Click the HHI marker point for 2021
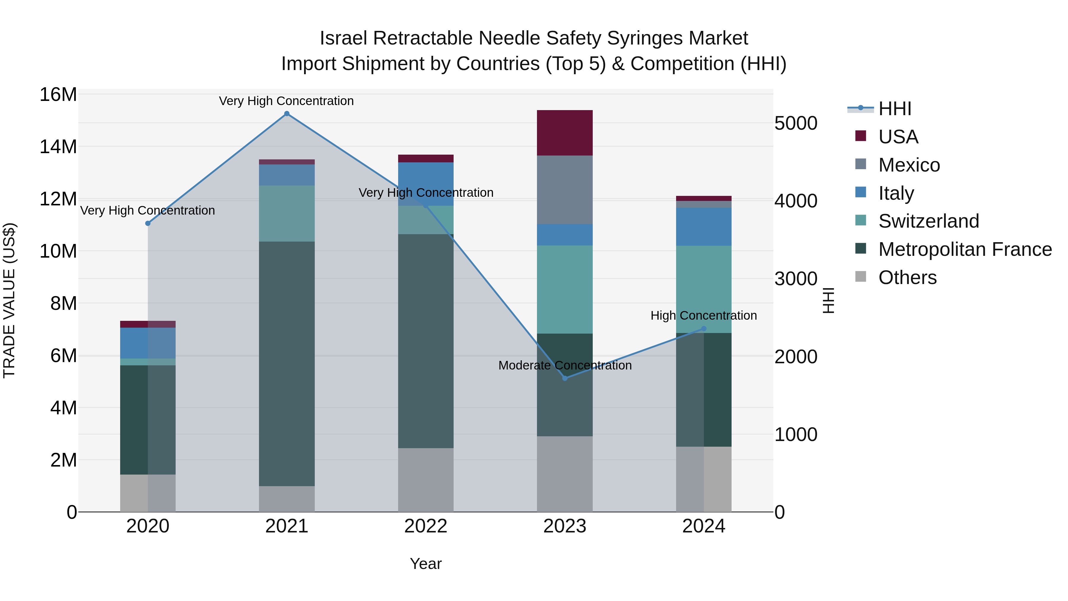pos(287,114)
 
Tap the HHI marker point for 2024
pos(704,329)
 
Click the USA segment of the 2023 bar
pos(565,133)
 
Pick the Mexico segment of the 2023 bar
pos(565,190)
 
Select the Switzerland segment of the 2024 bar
pos(704,289)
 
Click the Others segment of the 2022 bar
pos(426,480)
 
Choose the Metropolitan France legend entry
pos(964,249)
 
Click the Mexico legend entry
pos(909,165)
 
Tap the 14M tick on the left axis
pos(58,147)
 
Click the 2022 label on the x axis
pos(426,526)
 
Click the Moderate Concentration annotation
pos(565,365)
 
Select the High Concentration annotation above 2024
pos(704,316)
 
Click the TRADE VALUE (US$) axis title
pos(9,300)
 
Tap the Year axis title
pos(426,564)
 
